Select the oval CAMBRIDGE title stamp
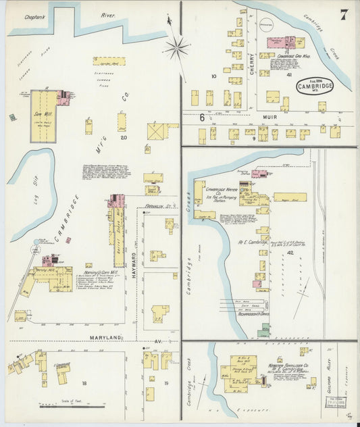tap(314, 86)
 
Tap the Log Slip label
tap(25, 197)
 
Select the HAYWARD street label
tap(134, 253)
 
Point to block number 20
tap(123, 137)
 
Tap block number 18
tap(84, 383)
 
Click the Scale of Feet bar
tap(71, 406)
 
